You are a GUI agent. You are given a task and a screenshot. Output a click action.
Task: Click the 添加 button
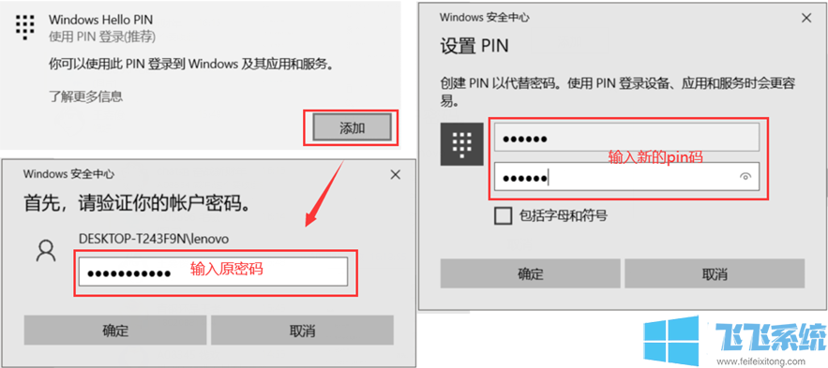tap(352, 127)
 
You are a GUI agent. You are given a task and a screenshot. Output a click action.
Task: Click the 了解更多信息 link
tap(85, 96)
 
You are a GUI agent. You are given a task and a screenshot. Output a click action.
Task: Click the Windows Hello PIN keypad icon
tap(25, 26)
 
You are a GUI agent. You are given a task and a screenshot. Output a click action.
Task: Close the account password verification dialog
tap(396, 174)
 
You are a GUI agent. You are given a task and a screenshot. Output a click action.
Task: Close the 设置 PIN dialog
tap(805, 17)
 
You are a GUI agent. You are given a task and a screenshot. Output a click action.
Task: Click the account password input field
tap(213, 272)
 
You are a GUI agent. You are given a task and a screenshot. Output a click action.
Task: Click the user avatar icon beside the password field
tap(45, 250)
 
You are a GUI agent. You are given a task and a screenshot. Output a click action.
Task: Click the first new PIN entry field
tap(625, 139)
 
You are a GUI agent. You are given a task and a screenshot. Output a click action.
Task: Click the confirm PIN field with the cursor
tap(614, 176)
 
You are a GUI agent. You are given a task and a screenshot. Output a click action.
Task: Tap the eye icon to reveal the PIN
tap(745, 176)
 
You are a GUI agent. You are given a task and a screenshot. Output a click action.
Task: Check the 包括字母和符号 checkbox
tap(504, 216)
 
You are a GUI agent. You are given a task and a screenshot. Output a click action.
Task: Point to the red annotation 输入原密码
tap(227, 270)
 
